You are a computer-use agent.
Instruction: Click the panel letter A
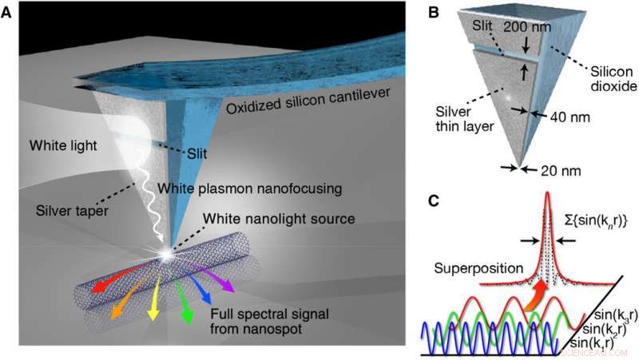(8, 14)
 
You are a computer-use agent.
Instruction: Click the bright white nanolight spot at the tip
(166, 254)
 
